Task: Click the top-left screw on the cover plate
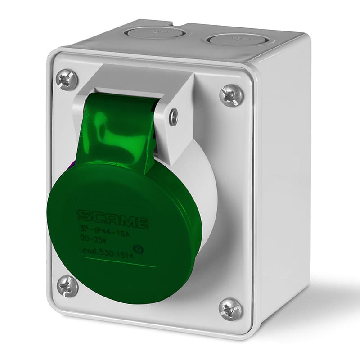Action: point(67,80)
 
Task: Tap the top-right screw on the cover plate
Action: point(231,95)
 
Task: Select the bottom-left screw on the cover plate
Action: point(67,286)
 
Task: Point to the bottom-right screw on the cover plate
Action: point(230,309)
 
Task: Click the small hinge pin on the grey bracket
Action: point(173,117)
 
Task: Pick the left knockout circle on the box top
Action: point(155,32)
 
